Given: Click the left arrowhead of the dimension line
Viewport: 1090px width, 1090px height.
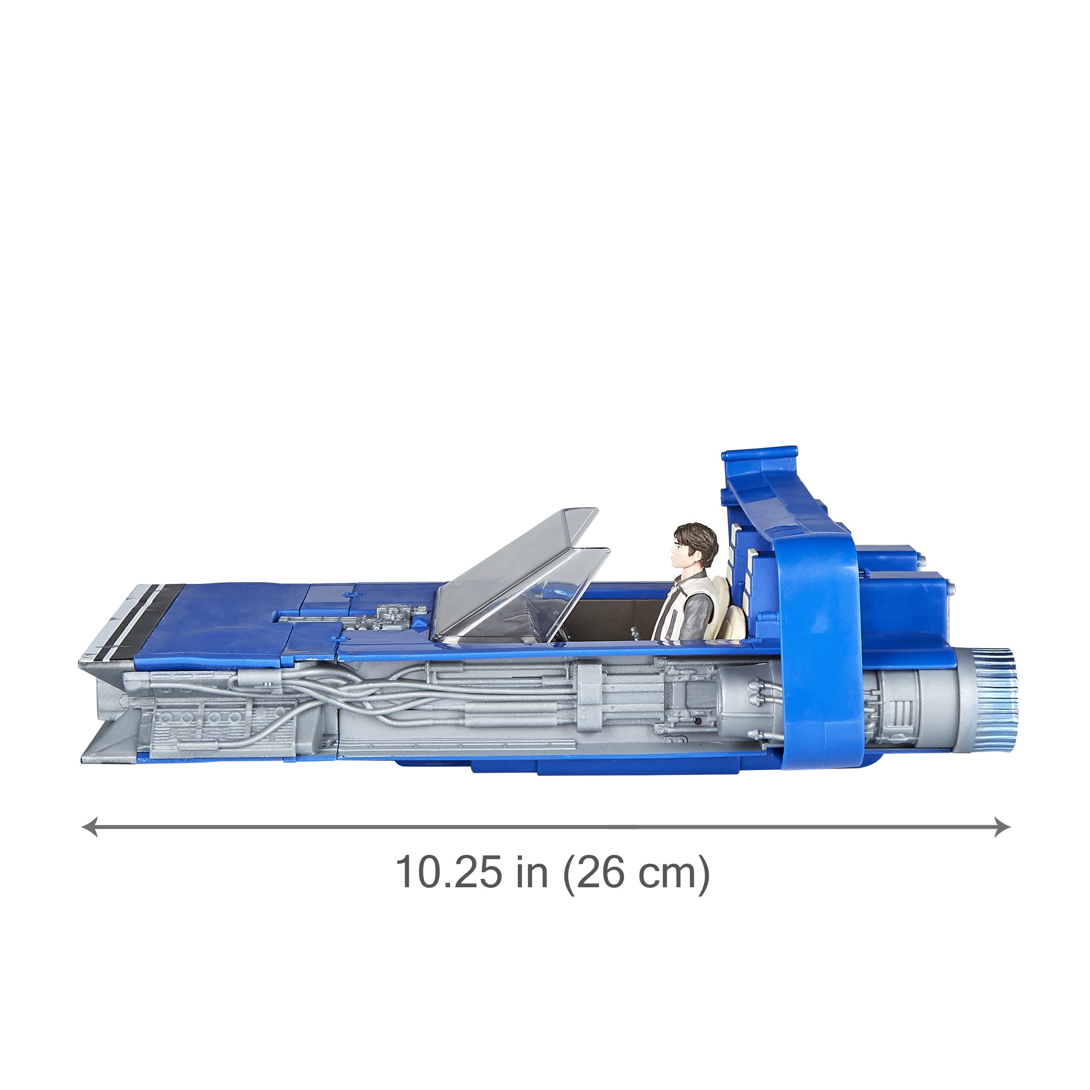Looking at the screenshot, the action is click(90, 827).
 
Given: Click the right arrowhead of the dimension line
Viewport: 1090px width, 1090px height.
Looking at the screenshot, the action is click(1002, 827).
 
